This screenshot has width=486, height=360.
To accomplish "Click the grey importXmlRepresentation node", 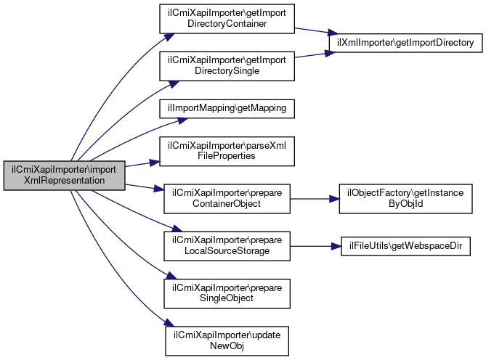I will [64, 176].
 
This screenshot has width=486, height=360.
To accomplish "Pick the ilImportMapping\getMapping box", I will [226, 108].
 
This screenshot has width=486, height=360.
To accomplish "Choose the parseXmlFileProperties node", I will [226, 151].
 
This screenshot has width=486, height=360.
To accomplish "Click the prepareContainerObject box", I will [226, 197].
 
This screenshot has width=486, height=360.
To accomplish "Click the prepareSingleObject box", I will [226, 291].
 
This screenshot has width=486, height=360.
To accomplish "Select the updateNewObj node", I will [226, 339].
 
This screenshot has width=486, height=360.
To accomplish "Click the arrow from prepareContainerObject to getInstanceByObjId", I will [314, 197].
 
